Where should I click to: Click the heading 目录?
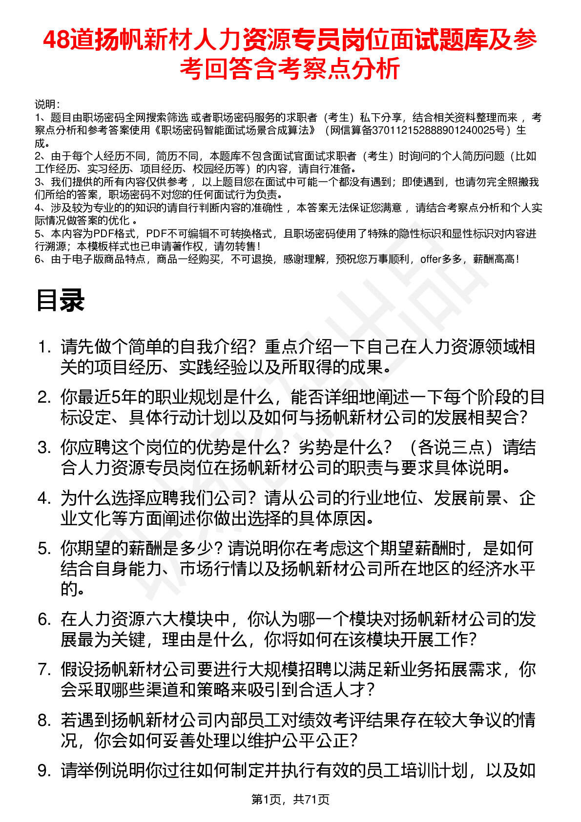click(61, 300)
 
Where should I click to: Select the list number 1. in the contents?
click(44, 347)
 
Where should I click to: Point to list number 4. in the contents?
click(44, 498)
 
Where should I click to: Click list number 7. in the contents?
click(44, 670)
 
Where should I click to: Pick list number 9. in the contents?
click(44, 771)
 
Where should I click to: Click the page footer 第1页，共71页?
click(290, 799)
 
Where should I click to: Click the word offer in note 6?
click(431, 259)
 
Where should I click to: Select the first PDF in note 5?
click(103, 234)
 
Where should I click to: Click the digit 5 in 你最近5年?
click(116, 397)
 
